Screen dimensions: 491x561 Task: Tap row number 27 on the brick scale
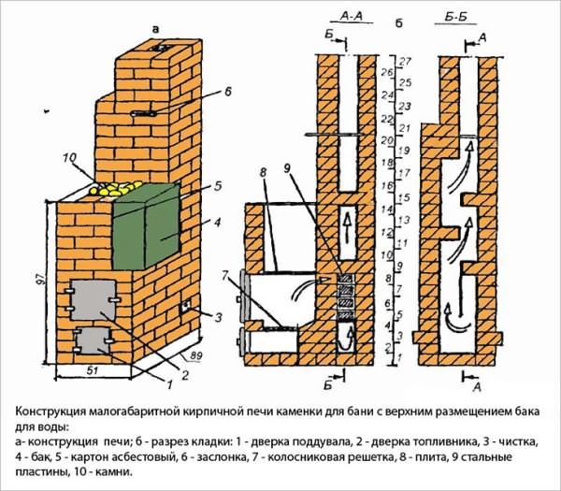click(x=405, y=60)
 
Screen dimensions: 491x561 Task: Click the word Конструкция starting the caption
click(x=58, y=412)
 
